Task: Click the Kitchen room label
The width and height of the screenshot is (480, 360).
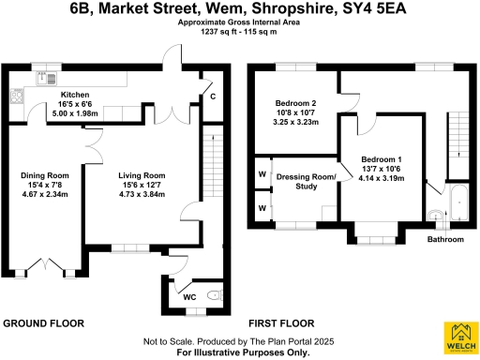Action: (75, 96)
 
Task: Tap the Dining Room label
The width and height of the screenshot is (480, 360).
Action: (45, 175)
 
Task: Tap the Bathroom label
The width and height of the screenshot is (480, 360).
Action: (446, 239)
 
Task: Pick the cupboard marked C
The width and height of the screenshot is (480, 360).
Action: (213, 96)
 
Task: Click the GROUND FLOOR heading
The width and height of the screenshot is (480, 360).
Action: (43, 323)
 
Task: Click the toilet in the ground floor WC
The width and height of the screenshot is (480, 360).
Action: (213, 296)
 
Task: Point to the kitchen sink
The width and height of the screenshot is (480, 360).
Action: (42, 79)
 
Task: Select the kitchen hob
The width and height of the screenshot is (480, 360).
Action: (16, 95)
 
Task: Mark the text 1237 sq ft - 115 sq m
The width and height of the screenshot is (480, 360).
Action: (239, 32)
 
